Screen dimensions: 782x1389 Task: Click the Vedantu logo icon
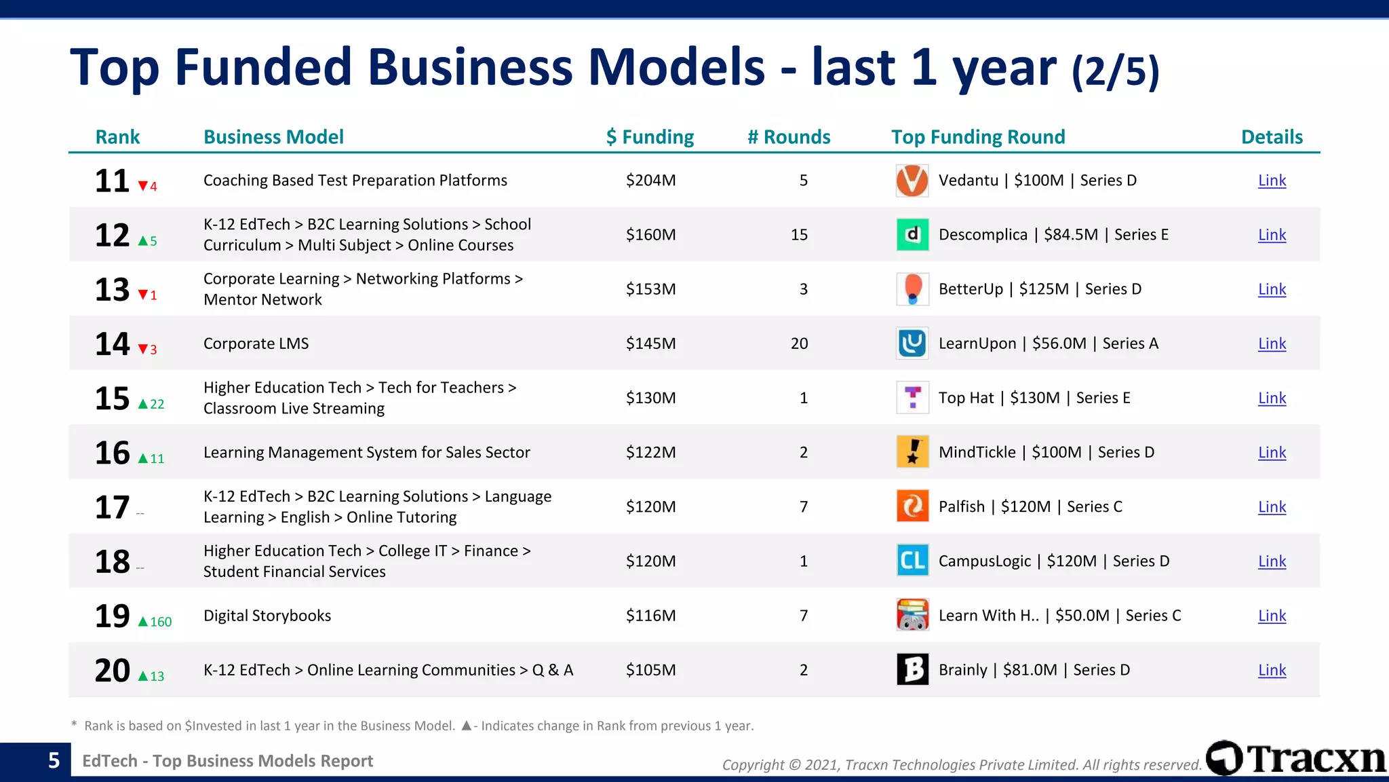click(912, 181)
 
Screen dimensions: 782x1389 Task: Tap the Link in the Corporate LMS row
click(1272, 343)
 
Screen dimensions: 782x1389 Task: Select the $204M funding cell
click(650, 181)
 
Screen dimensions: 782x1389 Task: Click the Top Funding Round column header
click(977, 137)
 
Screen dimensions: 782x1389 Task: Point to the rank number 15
click(112, 398)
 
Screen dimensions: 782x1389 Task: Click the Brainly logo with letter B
click(912, 670)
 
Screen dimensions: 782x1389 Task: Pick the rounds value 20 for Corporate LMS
click(799, 343)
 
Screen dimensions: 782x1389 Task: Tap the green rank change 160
click(161, 622)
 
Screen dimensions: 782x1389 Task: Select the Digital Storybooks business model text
click(267, 616)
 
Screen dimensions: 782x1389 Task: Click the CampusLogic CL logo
click(912, 561)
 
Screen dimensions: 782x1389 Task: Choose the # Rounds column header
click(789, 137)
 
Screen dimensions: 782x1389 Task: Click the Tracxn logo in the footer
click(1296, 758)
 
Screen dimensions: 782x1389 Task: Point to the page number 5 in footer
click(54, 760)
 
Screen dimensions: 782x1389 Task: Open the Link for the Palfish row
click(1272, 507)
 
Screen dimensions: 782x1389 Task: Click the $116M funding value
click(650, 616)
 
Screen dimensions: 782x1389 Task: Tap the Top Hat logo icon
click(912, 398)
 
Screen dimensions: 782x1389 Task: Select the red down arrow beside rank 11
click(143, 186)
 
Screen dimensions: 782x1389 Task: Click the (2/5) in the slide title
click(1116, 71)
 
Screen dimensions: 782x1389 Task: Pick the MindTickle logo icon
click(912, 452)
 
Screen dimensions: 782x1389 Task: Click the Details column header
click(1272, 137)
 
